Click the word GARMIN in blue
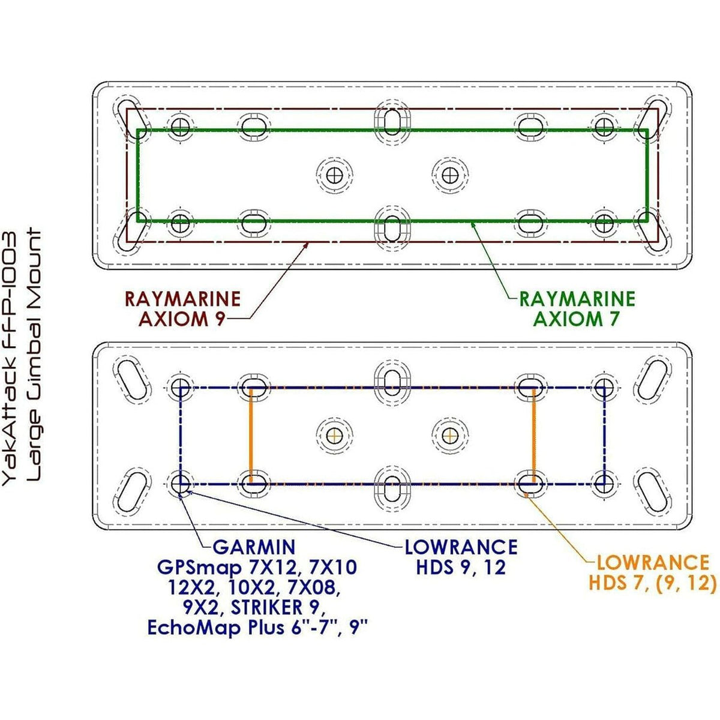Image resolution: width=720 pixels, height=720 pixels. [x=254, y=548]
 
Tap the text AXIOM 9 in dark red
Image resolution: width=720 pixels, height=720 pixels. [x=182, y=319]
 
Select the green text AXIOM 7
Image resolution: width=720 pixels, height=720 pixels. [x=577, y=319]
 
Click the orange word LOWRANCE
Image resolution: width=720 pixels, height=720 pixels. [x=653, y=563]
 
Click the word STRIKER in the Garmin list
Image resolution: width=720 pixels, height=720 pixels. [x=266, y=608]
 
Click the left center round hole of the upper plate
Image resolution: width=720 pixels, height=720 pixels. [x=334, y=175]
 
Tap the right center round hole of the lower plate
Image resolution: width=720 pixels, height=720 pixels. [x=450, y=435]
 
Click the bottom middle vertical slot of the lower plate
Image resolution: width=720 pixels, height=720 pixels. [x=392, y=488]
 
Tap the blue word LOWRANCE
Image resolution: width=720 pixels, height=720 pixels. [x=461, y=547]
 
